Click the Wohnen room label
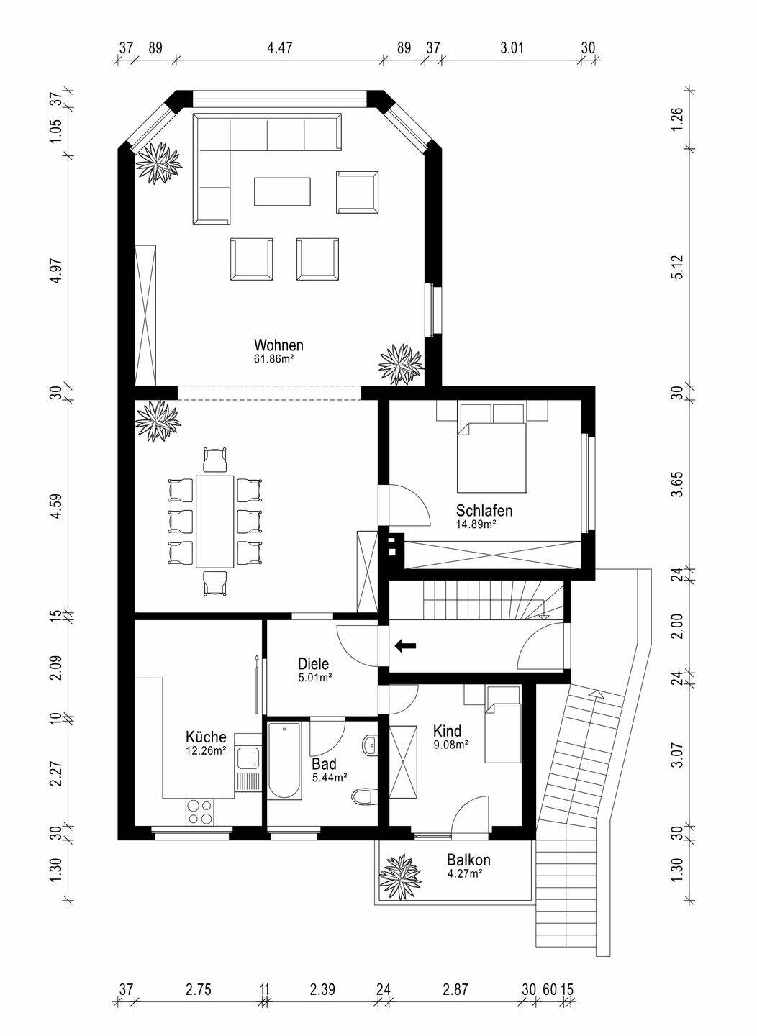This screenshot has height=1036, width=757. click(278, 345)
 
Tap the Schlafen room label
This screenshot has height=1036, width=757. click(484, 511)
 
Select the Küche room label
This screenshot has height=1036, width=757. click(206, 736)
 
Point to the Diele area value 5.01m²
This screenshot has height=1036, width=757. click(313, 678)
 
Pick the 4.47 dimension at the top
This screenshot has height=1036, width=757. click(280, 47)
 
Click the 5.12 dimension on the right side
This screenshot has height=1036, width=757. click(677, 267)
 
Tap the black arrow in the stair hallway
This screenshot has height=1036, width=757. click(405, 646)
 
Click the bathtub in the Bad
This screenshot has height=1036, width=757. click(284, 761)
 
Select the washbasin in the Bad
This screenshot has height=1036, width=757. click(368, 744)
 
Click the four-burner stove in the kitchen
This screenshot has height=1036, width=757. click(201, 812)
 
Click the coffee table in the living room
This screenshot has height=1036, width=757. click(282, 191)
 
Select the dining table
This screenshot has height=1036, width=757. click(214, 521)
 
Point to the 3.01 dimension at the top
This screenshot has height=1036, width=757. click(512, 47)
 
